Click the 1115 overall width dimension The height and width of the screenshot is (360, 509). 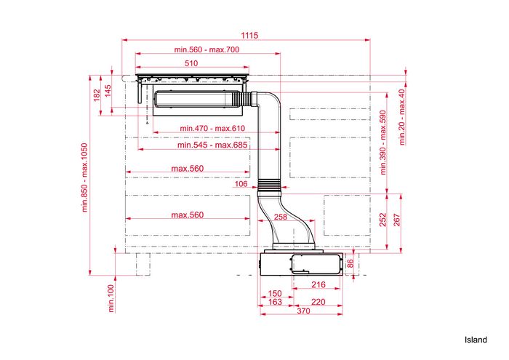click(249, 35)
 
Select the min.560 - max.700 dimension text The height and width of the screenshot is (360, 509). click(207, 49)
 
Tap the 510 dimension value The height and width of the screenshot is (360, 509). click(191, 63)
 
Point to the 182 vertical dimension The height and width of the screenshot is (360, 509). click(97, 95)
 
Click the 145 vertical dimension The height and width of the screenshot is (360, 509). click(108, 91)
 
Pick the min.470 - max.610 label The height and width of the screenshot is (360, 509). click(212, 128)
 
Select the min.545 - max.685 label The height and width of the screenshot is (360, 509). click(212, 145)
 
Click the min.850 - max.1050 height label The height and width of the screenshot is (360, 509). click(85, 177)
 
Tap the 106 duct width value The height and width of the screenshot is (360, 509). click(241, 184)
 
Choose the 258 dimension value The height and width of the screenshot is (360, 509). click(281, 217)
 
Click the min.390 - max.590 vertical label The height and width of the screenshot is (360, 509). click(383, 143)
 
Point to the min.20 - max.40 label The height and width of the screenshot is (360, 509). click(402, 117)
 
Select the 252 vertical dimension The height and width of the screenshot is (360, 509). click(383, 220)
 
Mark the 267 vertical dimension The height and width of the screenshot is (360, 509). click(397, 220)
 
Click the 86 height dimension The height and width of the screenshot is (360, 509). click(350, 263)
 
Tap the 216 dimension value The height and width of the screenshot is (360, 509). click(318, 284)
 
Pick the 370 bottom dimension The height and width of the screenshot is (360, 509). click(303, 311)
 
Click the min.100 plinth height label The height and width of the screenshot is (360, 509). click(111, 298)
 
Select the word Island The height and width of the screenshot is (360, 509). click(476, 340)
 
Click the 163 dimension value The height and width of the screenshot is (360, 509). click(275, 302)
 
